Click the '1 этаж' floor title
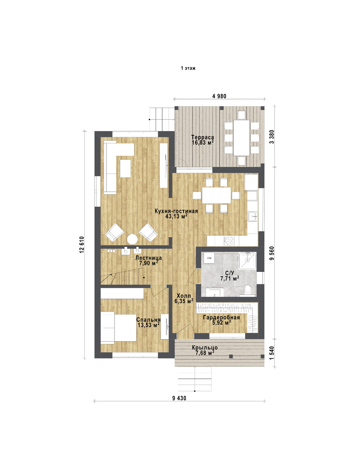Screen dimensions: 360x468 click(188, 68)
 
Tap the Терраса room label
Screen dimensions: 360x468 click(203, 137)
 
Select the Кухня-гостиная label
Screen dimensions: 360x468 click(176, 211)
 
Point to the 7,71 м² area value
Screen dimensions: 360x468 click(230, 278)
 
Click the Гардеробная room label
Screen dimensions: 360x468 click(222, 317)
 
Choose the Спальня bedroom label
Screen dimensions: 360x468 click(148, 320)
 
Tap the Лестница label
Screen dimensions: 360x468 click(148, 258)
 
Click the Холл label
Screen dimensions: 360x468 click(184, 296)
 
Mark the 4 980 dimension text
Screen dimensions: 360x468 click(219, 96)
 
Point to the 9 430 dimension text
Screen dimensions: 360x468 click(179, 398)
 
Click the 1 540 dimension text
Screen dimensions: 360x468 click(272, 353)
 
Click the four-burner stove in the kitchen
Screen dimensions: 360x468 click(229, 241)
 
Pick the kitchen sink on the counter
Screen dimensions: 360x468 click(252, 216)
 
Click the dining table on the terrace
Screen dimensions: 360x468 click(242, 138)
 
